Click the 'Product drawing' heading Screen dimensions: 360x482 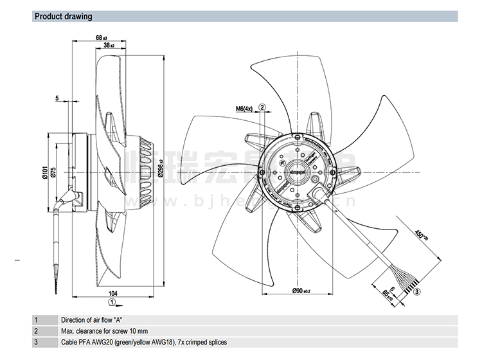point(63,16)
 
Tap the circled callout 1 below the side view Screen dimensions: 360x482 point(112,301)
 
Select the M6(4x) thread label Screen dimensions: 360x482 point(244,109)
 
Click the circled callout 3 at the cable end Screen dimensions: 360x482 point(417,292)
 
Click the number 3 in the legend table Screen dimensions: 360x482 point(37,343)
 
